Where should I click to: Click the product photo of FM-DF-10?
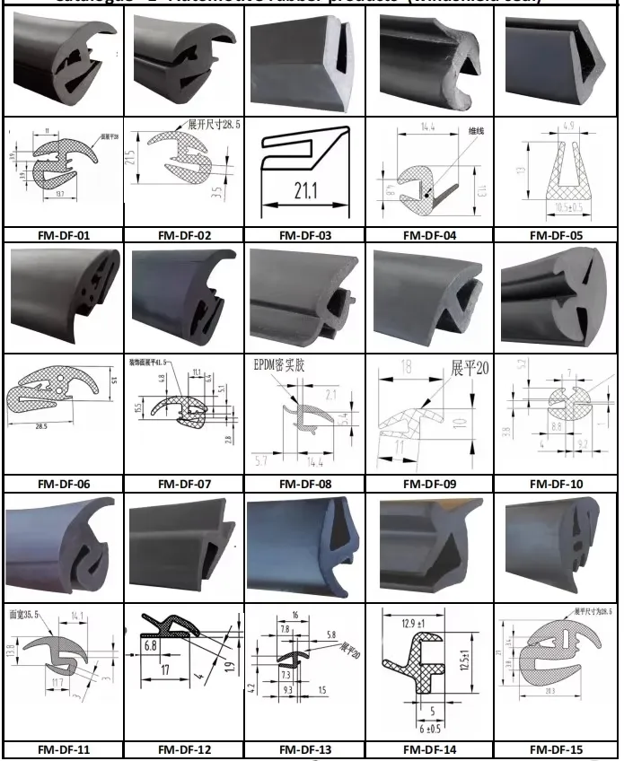click(x=556, y=296)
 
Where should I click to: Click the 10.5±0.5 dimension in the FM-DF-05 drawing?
click(x=558, y=207)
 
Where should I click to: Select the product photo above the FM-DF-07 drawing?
click(x=184, y=296)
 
